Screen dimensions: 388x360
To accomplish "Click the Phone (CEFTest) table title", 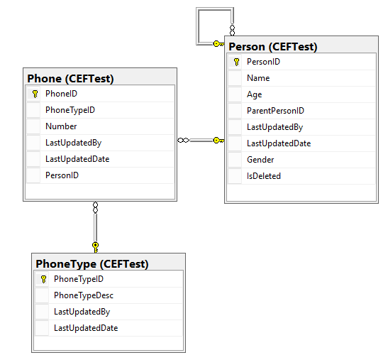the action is coord(70,79).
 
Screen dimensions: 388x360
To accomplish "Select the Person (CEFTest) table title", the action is coord(272,47).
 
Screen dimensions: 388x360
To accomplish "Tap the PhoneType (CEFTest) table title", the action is coord(92,264).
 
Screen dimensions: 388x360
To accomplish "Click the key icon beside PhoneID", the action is coord(35,94).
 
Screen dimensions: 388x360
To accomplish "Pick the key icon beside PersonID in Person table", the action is coord(237,62).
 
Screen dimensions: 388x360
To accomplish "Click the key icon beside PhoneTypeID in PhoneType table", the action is coord(43,279).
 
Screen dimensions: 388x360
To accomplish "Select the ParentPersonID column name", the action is coord(275,111).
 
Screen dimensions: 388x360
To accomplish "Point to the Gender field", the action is coord(260,160).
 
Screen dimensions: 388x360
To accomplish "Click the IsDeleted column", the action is coord(264,176).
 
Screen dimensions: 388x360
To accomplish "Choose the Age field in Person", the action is coord(255,94).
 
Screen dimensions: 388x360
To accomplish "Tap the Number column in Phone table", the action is coord(61,126).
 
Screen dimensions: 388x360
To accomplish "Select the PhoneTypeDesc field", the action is coord(84,295).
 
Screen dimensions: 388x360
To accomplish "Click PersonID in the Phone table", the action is coord(62,175).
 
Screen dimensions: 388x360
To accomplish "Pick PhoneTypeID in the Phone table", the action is coord(70,110).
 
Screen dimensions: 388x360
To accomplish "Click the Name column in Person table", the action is coord(258,78).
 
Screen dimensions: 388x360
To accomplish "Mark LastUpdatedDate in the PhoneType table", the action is coord(86,328).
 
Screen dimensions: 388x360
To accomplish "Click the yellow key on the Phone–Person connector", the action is coord(218,141).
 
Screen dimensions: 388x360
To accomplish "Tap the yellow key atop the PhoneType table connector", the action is coord(96,247).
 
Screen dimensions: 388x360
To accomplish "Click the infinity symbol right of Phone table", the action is coord(183,141).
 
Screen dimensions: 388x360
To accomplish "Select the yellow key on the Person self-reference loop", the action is coord(218,44).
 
